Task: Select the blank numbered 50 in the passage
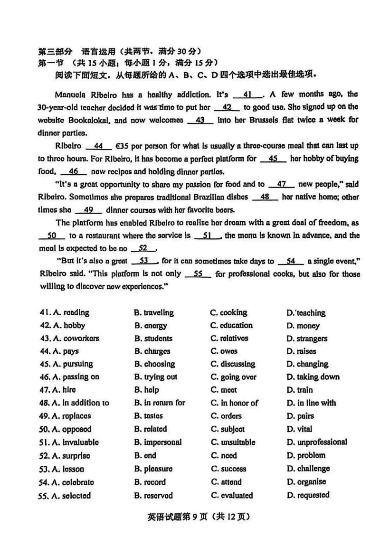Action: click(52, 236)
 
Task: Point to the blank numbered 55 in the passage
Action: click(202, 274)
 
